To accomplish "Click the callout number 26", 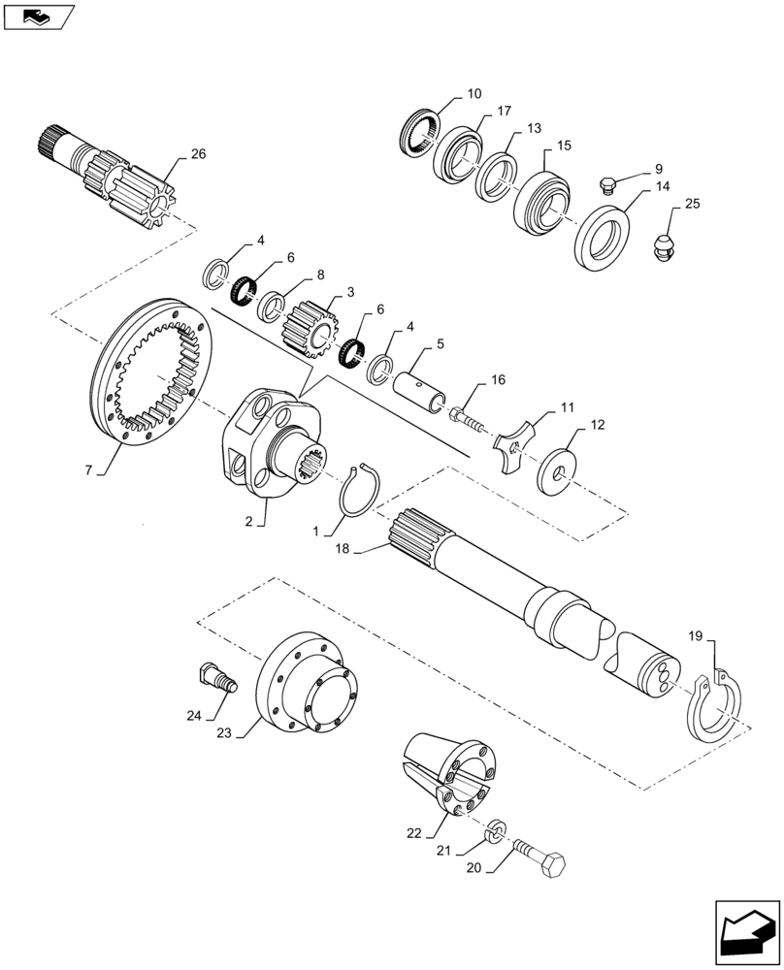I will pos(198,154).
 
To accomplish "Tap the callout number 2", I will pos(249,521).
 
